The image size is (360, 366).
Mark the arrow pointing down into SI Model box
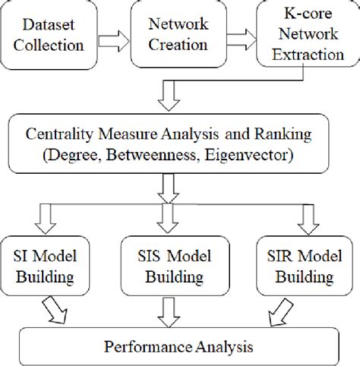(x=55, y=219)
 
